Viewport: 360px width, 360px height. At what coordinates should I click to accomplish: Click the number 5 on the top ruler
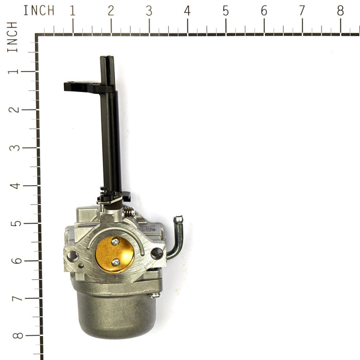pos(226,11)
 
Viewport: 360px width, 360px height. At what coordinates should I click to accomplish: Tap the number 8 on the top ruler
pos(340,11)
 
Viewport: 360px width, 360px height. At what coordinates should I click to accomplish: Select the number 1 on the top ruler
pos(73,11)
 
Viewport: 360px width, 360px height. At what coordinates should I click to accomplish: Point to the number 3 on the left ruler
pos(15,148)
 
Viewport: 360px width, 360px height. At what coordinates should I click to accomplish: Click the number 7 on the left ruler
pos(17,298)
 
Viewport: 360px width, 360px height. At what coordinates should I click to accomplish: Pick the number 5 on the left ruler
pos(16,223)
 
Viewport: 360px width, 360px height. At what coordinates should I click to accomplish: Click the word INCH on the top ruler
pos(39,11)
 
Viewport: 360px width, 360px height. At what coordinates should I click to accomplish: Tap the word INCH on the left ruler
pos(12,37)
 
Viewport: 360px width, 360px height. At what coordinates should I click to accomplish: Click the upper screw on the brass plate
pos(115,242)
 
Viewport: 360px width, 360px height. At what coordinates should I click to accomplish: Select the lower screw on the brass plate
pos(116,262)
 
